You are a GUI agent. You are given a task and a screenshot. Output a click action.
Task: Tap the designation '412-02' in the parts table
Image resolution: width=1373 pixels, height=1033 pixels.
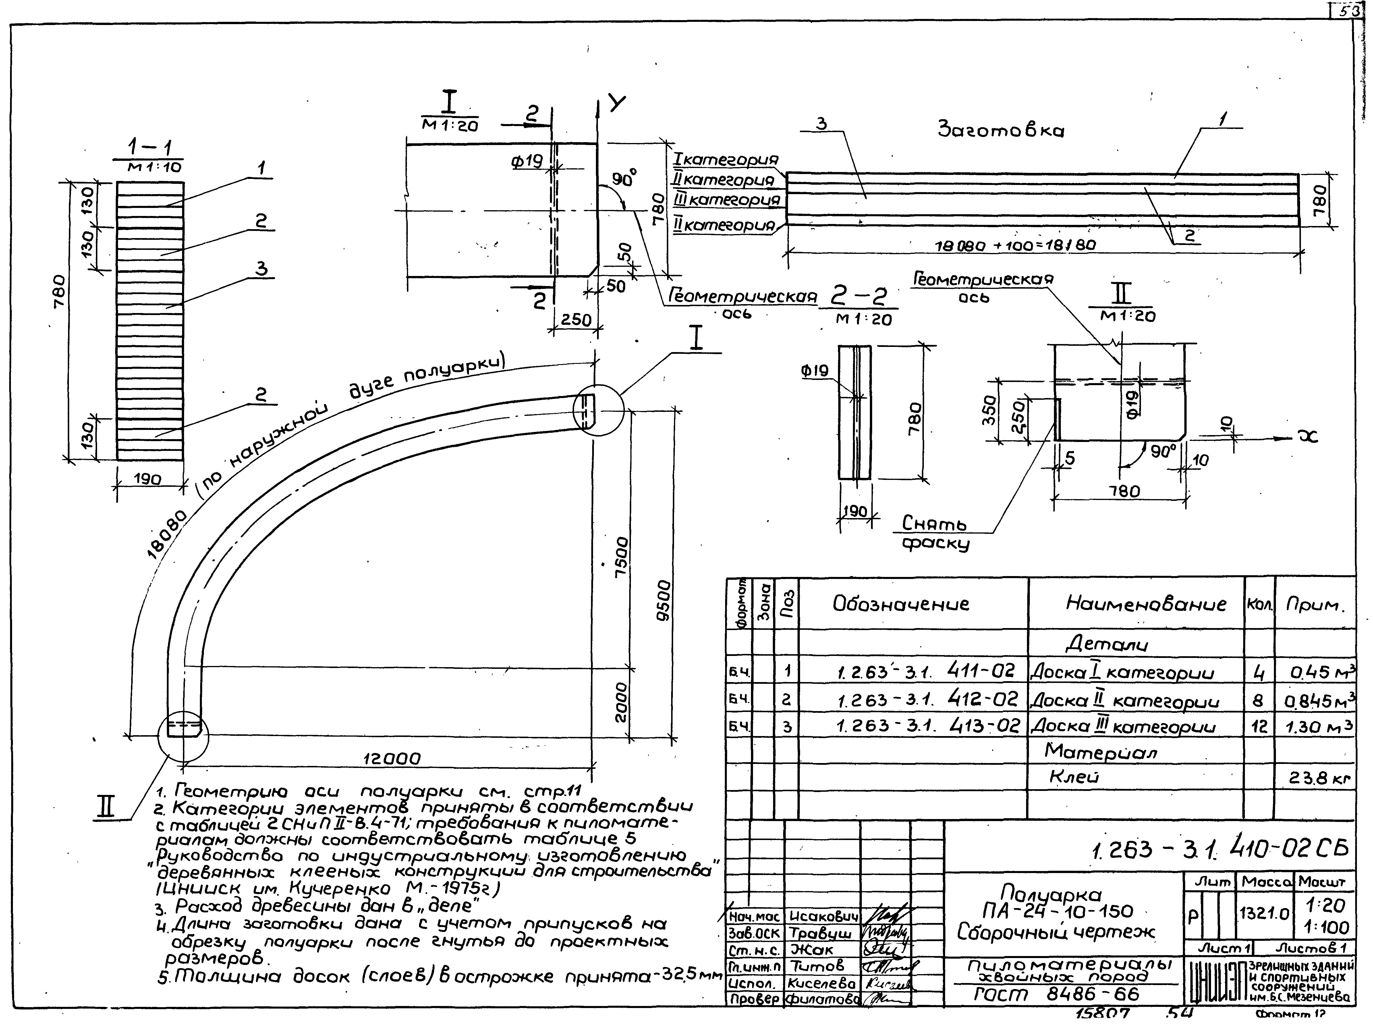click(984, 699)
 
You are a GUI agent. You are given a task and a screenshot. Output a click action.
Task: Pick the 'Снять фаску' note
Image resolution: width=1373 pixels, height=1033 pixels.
click(935, 534)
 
